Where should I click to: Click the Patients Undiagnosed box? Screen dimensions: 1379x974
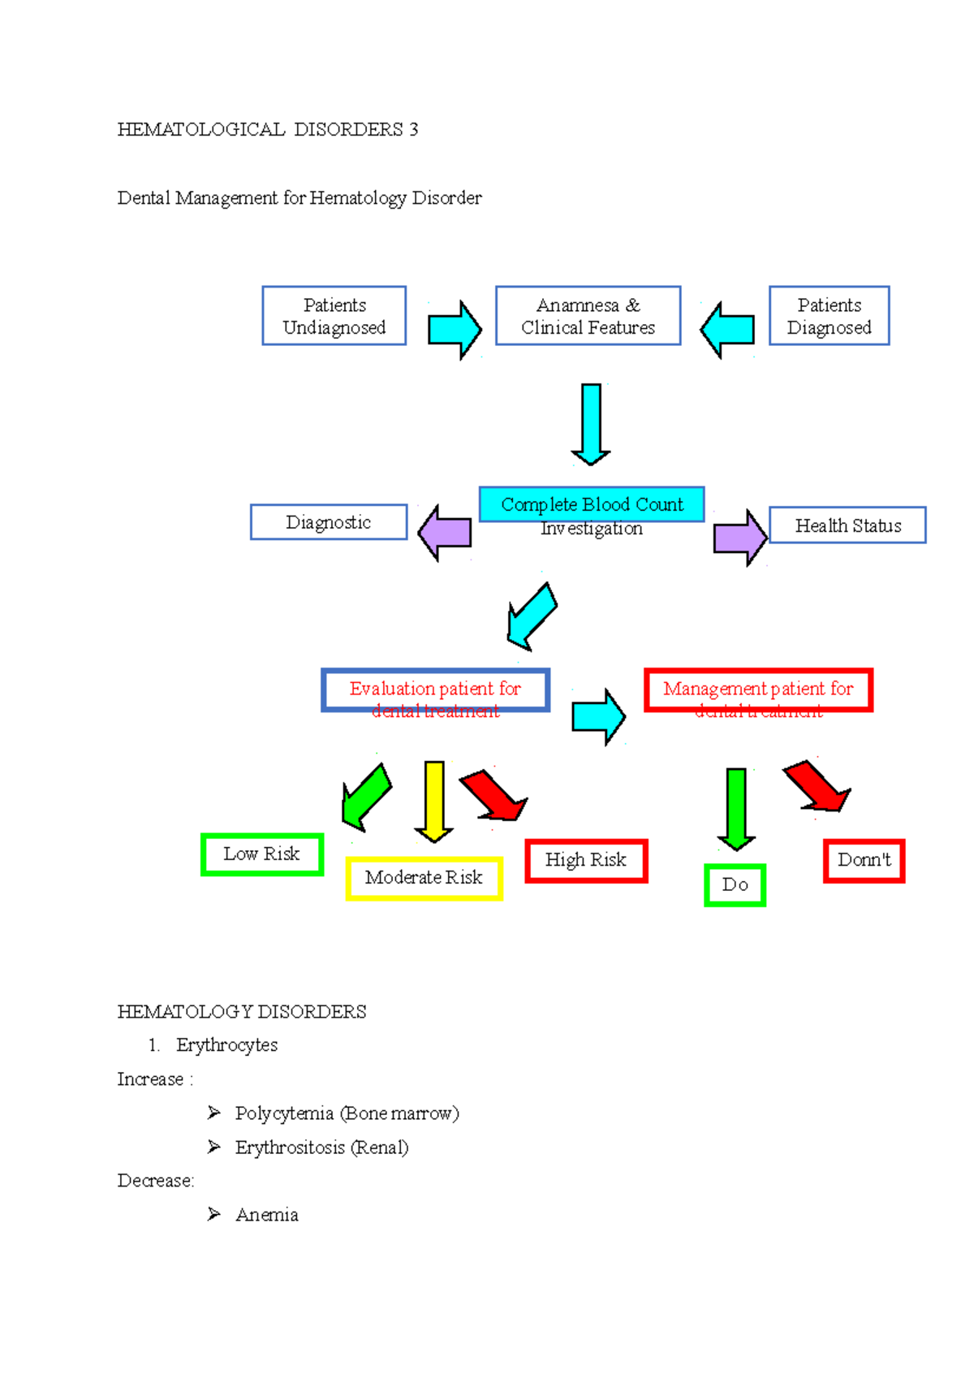coord(334,316)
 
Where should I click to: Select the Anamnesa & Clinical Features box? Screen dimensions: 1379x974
coord(588,316)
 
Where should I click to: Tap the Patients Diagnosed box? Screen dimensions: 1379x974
coord(829,316)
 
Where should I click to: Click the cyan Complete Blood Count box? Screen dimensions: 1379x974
coord(592,504)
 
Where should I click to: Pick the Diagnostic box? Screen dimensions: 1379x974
coord(328,522)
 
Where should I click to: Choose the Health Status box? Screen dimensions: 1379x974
coord(847,525)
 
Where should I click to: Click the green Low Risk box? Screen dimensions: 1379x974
coord(261,854)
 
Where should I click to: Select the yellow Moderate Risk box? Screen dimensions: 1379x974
coord(424,878)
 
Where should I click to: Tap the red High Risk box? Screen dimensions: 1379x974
coord(586,861)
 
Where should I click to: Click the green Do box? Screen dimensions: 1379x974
coord(735,885)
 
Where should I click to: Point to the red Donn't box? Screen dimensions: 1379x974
coord(864,861)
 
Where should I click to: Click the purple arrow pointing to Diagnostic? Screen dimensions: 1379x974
coord(445,533)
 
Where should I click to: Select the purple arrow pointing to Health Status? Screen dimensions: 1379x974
coord(739,537)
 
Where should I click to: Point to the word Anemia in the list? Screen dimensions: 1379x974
coord(267,1215)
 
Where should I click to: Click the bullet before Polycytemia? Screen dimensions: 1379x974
coord(213,1113)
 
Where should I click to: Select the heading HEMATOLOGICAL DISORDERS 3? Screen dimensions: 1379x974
coord(268,130)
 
